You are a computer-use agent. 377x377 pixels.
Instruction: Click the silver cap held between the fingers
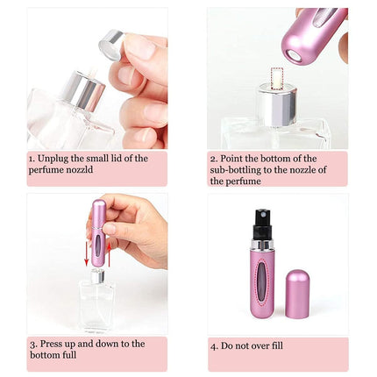(x=111, y=40)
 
